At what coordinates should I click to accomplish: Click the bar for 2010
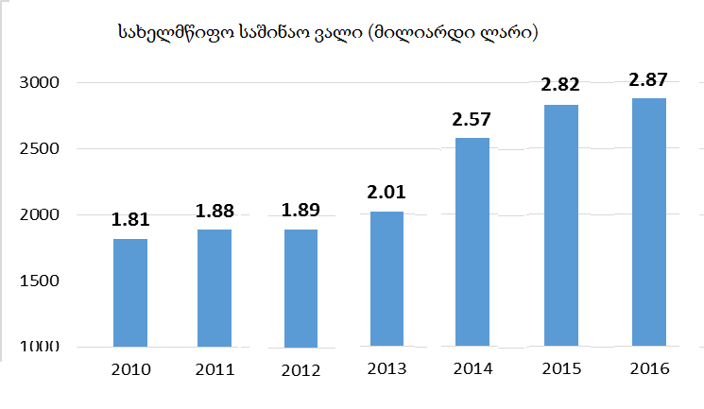pyautogui.click(x=129, y=293)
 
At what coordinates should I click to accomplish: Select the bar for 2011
pyautogui.click(x=215, y=288)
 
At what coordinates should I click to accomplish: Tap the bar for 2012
pyautogui.click(x=300, y=288)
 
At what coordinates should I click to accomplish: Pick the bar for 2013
pyautogui.click(x=386, y=279)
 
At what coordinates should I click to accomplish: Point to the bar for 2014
pyautogui.click(x=472, y=242)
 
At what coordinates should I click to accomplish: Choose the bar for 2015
pyautogui.click(x=558, y=225)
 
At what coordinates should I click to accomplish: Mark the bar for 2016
pyautogui.click(x=647, y=222)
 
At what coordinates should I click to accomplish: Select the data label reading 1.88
pyautogui.click(x=215, y=212)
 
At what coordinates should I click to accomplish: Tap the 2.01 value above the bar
pyautogui.click(x=386, y=194)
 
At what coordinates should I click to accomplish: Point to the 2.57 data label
pyautogui.click(x=472, y=120)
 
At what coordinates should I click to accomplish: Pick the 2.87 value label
pyautogui.click(x=648, y=80)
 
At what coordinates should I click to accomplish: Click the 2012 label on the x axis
pyautogui.click(x=300, y=370)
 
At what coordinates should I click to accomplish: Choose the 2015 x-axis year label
pyautogui.click(x=560, y=368)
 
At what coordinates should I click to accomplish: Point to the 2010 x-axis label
pyautogui.click(x=130, y=368)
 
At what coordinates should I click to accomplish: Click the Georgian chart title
pyautogui.click(x=328, y=33)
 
